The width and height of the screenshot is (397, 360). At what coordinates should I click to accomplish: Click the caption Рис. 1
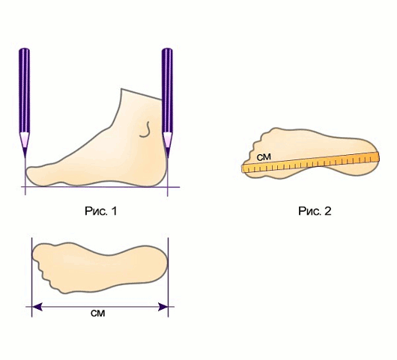[101, 211]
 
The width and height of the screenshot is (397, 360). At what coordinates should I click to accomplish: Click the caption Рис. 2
[315, 211]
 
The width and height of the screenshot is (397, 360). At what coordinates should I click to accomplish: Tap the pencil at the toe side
[24, 103]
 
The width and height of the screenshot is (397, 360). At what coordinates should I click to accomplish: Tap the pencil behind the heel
[167, 103]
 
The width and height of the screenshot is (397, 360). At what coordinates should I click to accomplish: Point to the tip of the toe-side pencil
[25, 158]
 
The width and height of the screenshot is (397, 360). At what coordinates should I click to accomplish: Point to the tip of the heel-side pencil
[167, 158]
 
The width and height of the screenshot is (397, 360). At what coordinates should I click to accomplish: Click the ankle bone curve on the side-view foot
[145, 129]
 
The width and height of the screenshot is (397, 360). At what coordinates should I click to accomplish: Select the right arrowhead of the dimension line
[163, 307]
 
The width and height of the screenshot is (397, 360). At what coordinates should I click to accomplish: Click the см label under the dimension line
[97, 314]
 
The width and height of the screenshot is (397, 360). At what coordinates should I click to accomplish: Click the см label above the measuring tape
[264, 157]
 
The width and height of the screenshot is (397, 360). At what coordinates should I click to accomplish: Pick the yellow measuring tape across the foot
[310, 162]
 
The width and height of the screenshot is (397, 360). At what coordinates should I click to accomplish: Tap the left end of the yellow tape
[242, 169]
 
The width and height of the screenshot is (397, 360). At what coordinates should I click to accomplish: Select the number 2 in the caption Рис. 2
[327, 211]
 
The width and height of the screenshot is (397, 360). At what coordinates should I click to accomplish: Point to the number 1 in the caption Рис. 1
[114, 211]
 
